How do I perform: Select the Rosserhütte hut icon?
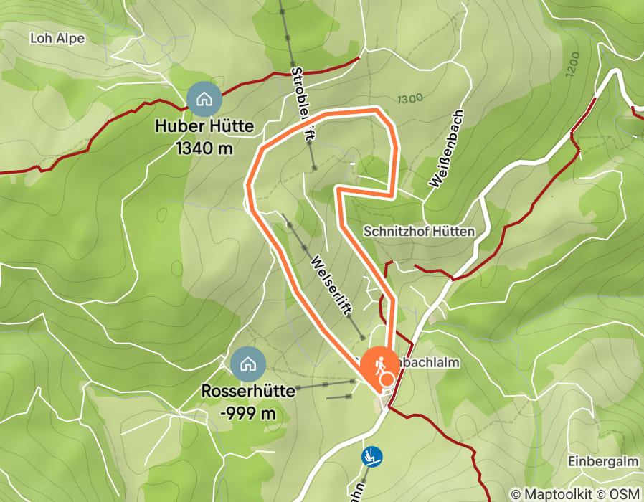[248, 364]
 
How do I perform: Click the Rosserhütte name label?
[249, 392]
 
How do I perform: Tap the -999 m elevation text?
[248, 413]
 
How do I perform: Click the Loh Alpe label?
[57, 38]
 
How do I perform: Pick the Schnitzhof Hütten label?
[420, 232]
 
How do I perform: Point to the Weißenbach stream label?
[447, 148]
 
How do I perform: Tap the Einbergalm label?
[602, 460]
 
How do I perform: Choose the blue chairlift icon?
[371, 455]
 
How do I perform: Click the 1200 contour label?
[572, 65]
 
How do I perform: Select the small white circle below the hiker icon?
[387, 379]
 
